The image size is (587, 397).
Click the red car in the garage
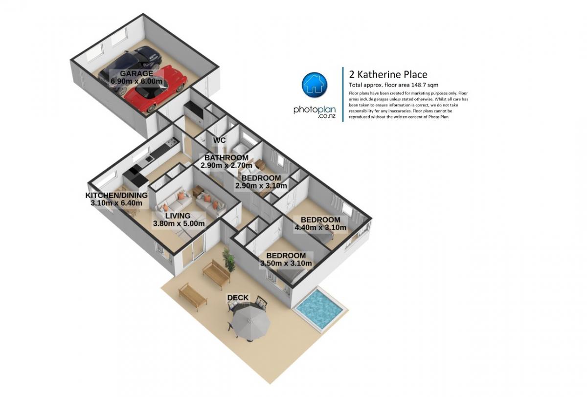coord(156,89)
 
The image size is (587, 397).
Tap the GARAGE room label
coord(136,74)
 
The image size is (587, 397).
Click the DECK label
coord(238,298)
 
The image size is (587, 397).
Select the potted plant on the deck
coord(229,260)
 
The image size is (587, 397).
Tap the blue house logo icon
coord(315,85)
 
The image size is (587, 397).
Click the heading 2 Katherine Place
coord(388,75)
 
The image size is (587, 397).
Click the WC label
coord(219,140)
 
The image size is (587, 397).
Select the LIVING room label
coord(178,216)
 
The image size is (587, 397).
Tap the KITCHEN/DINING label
coord(116,196)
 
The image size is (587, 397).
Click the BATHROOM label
coord(226,157)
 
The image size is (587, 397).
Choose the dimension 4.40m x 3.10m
coord(320,227)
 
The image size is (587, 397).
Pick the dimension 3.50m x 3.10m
coord(286,263)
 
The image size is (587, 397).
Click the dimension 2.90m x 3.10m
coord(261,186)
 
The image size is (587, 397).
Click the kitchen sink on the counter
coord(149,159)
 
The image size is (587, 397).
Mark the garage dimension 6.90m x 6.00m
coord(136,81)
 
